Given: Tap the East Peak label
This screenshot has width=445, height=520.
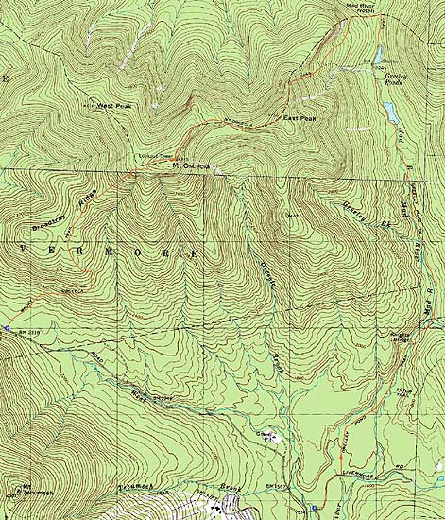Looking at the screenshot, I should (x=300, y=117).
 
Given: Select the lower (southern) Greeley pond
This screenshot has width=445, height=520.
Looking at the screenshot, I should (x=389, y=113).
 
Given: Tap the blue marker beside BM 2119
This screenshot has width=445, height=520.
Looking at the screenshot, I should (x=7, y=328).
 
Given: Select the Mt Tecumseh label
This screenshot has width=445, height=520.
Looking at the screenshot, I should (x=12, y=490).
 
